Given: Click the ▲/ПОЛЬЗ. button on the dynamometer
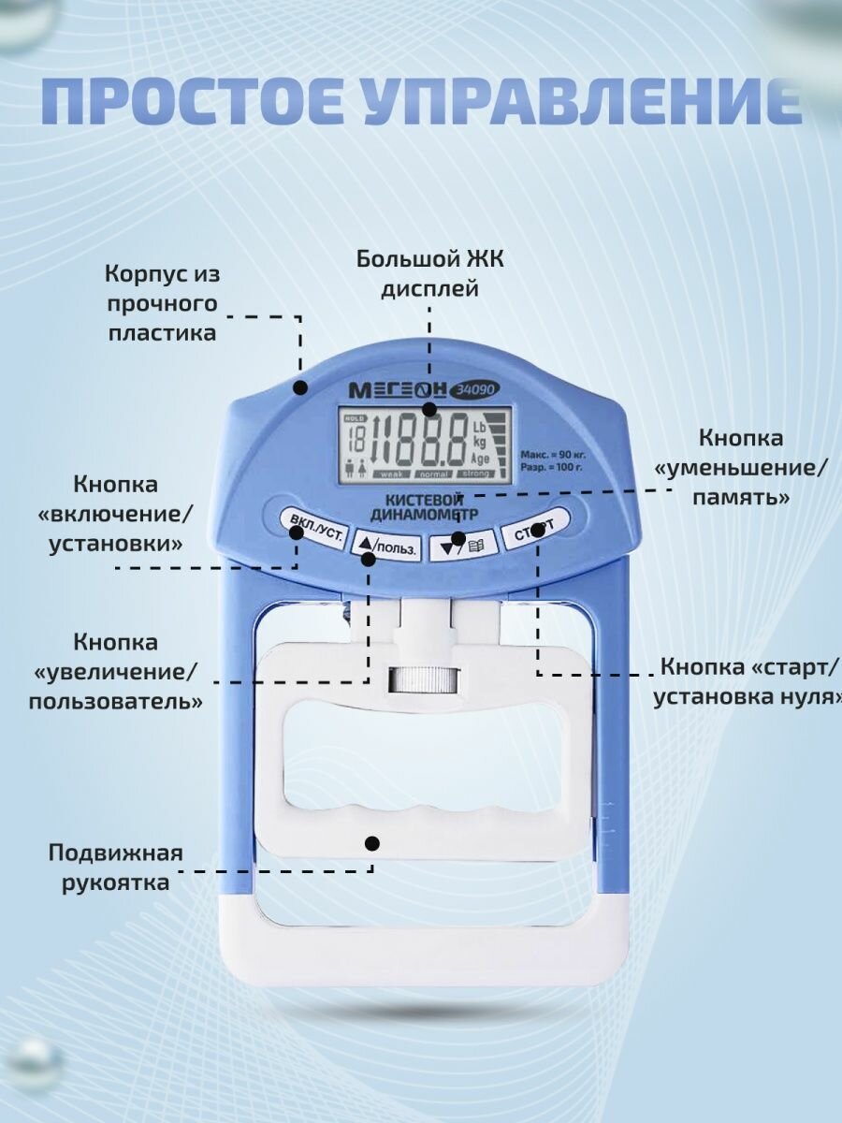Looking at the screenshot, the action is pos(385,547).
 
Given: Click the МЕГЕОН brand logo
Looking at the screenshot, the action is pos(398,389).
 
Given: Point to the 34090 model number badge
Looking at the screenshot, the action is pos(476,389).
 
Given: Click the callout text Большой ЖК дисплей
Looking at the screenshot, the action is pos(429,273).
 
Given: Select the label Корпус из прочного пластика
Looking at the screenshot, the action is pos(161,303).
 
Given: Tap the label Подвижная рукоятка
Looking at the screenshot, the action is pos(116,868).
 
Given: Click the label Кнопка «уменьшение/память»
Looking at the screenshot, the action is pos(741,468).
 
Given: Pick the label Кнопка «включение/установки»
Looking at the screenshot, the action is pos(117,514).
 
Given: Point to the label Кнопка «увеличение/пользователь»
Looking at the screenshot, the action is pos(116,671).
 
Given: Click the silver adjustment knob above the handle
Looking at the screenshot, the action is pos(420,679).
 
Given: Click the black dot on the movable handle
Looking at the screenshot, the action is pos(371,844).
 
